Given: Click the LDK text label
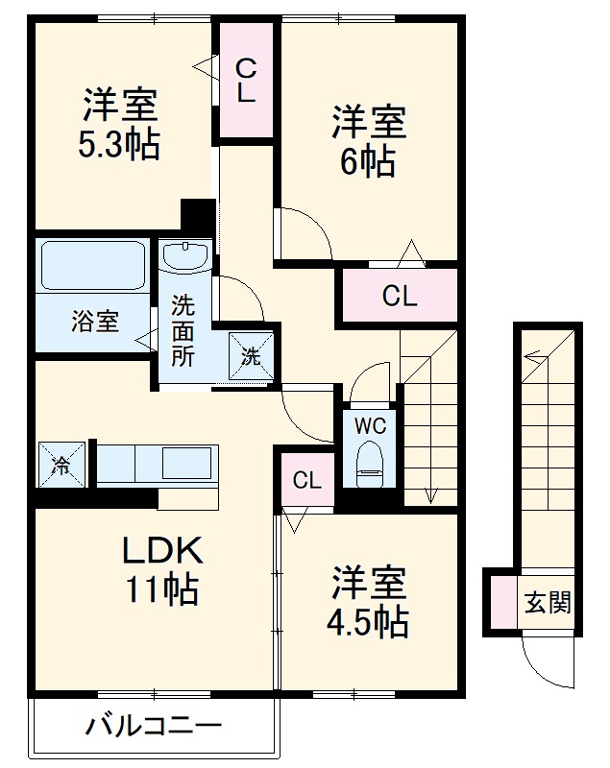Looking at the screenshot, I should [x=161, y=551].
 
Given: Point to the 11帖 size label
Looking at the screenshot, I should [x=161, y=588].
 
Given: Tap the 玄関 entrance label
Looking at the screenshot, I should [x=548, y=602].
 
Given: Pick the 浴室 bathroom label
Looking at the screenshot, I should [x=94, y=322].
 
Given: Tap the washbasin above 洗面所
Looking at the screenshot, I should [x=185, y=257].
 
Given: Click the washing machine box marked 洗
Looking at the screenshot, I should [x=251, y=356].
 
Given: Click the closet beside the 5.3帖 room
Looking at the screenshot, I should [x=246, y=81].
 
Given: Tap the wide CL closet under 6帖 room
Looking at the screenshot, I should [x=398, y=297].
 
